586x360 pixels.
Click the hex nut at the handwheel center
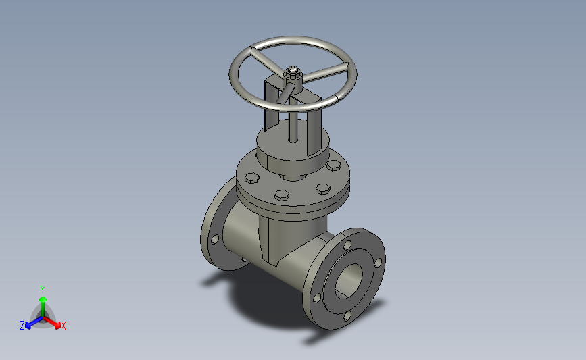(293, 73)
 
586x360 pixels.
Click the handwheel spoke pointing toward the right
(325, 72)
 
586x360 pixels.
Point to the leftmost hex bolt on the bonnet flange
(252, 178)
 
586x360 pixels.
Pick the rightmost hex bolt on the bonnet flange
(334, 165)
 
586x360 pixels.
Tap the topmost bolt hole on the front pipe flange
(347, 245)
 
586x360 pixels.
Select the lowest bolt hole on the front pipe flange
(347, 316)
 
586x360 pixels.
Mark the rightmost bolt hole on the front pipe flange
(378, 263)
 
